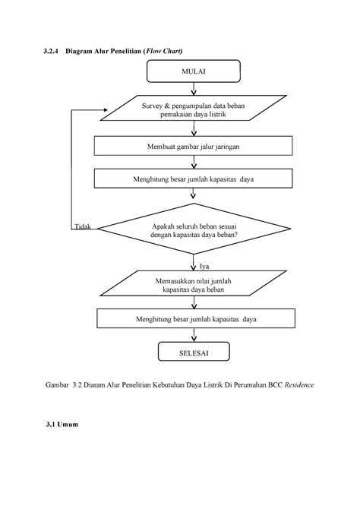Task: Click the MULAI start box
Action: point(194,71)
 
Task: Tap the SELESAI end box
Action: point(194,351)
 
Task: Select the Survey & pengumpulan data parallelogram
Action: point(194,108)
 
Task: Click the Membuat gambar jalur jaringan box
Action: point(194,146)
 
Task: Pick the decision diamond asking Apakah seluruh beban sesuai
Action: point(194,229)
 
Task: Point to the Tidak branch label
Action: point(83,226)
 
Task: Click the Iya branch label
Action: point(204,266)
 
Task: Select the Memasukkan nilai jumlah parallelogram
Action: point(194,283)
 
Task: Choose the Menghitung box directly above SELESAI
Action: point(196,318)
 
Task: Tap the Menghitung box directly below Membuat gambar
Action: point(194,179)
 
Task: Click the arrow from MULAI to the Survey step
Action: point(194,89)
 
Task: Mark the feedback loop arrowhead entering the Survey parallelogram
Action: point(105,110)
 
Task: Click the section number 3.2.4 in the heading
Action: point(51,51)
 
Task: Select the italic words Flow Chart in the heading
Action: point(163,51)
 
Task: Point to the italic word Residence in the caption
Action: point(299,385)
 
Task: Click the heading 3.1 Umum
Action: point(62,424)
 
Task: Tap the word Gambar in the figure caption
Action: point(57,385)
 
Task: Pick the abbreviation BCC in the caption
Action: point(275,385)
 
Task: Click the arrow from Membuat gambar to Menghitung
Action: point(194,162)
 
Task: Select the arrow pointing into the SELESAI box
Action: point(194,335)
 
